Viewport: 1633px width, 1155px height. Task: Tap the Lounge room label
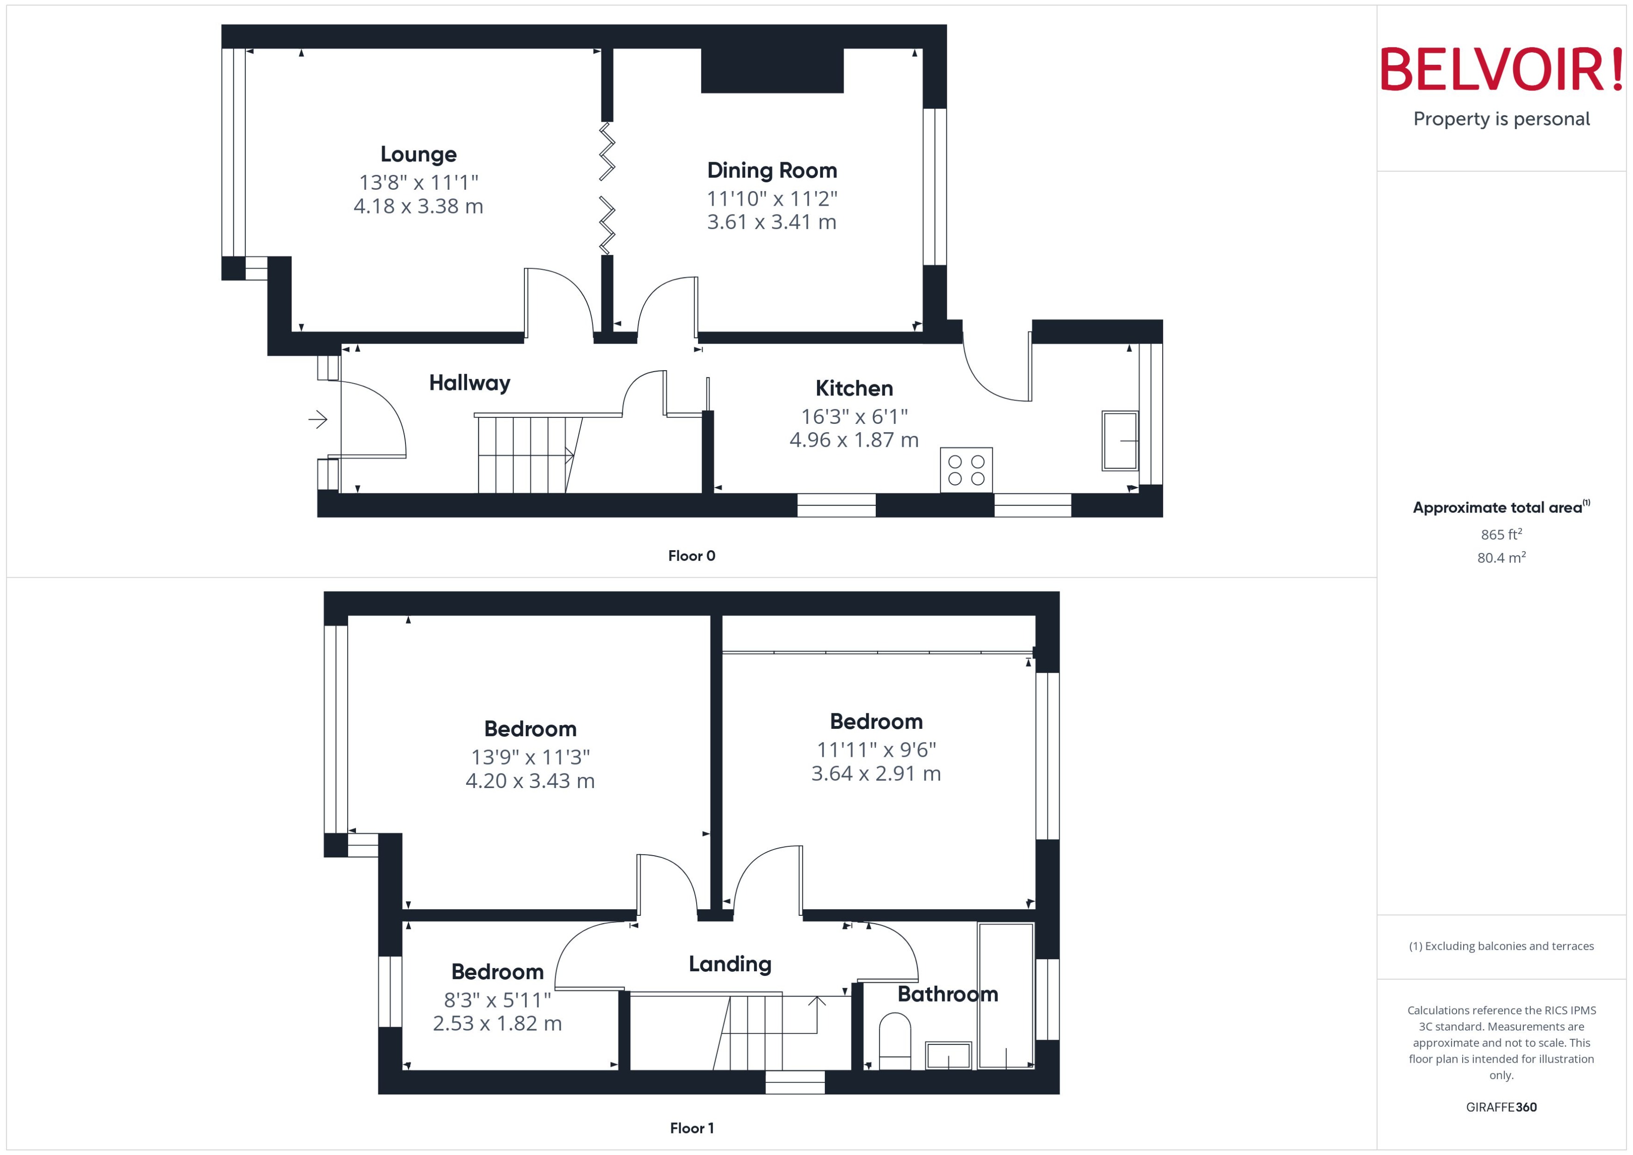(x=419, y=154)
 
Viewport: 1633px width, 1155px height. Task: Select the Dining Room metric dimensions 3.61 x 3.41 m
(x=771, y=222)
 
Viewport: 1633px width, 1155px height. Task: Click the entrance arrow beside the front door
(x=317, y=420)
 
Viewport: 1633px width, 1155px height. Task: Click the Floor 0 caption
(x=691, y=556)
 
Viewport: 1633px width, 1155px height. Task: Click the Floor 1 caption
(x=691, y=1128)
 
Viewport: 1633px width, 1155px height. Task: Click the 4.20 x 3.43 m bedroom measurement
(x=530, y=781)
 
